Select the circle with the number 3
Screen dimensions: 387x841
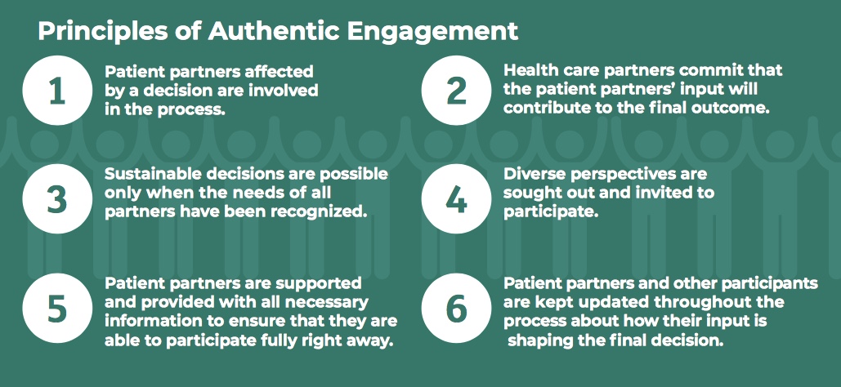point(56,196)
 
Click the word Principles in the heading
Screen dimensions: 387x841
point(92,31)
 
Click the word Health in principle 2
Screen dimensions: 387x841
point(526,71)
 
